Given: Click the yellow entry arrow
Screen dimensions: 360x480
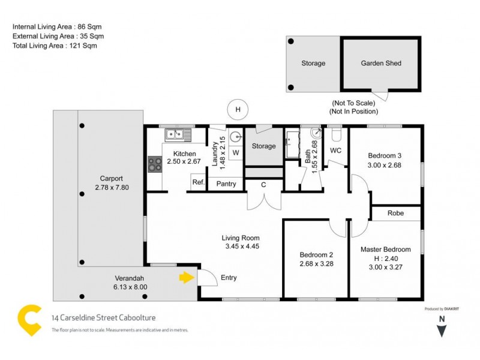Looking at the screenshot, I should [187, 277].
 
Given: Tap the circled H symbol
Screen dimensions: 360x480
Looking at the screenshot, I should [238, 110].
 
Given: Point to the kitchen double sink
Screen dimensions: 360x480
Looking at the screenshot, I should [179, 134].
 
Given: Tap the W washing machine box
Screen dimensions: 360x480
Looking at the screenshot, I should [235, 152].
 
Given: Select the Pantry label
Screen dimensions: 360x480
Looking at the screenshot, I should [226, 184].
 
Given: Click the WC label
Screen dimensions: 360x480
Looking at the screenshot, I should [335, 150].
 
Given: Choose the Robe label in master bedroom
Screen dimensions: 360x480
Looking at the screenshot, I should [395, 213].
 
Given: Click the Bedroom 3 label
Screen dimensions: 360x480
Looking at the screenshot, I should [385, 156].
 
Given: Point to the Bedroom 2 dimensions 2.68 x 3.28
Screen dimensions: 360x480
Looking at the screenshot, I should [316, 263].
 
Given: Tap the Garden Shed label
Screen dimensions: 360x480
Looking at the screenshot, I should [381, 63].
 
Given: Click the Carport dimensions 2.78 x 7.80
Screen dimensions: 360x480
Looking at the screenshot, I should [112, 187].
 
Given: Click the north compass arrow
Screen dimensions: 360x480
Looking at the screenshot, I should [442, 329].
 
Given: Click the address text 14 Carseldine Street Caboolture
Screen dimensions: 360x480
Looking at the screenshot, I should [104, 318].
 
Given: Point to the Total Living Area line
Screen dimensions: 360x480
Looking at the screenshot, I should [55, 45].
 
